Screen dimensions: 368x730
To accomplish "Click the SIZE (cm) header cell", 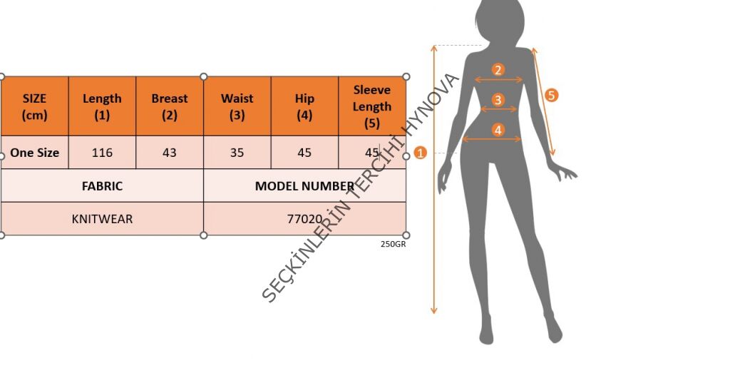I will pyautogui.click(x=34, y=106).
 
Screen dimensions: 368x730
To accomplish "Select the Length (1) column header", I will pyautogui.click(x=102, y=106).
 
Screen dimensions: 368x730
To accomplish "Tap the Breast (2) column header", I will pyautogui.click(x=170, y=106).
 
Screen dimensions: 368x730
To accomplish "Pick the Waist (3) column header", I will pyautogui.click(x=237, y=106).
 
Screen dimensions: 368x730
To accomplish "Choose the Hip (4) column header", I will pyautogui.click(x=304, y=106).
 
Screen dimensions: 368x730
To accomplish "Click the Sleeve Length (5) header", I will pyautogui.click(x=372, y=106).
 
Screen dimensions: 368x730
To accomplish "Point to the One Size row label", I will pyautogui.click(x=34, y=153).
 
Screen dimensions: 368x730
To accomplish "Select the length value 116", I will pyautogui.click(x=102, y=153).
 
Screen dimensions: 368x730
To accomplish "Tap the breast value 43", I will pyautogui.click(x=170, y=153).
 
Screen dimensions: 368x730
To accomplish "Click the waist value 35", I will pyautogui.click(x=237, y=153).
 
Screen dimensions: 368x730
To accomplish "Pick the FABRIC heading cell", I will pyautogui.click(x=102, y=186).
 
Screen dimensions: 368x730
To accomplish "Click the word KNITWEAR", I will pyautogui.click(x=102, y=219).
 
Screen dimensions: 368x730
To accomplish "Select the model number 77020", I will pyautogui.click(x=304, y=219).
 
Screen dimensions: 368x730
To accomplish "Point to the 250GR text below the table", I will pyautogui.click(x=393, y=244).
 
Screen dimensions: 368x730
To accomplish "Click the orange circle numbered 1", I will pyautogui.click(x=420, y=153).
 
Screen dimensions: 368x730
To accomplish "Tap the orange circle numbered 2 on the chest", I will pyautogui.click(x=498, y=70).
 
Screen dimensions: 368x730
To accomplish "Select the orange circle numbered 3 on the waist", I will pyautogui.click(x=498, y=100).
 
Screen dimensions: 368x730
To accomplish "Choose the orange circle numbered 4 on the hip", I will pyautogui.click(x=498, y=130).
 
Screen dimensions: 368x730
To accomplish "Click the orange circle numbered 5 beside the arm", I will pyautogui.click(x=551, y=95).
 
